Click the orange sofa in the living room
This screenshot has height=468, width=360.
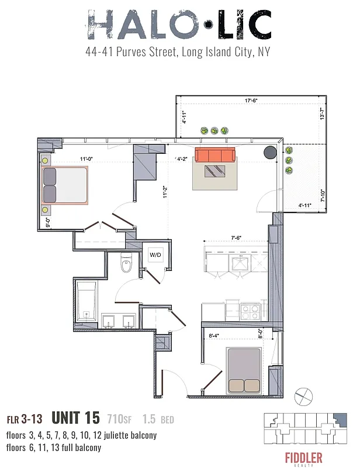click(x=214, y=155)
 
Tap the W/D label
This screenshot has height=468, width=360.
click(x=155, y=254)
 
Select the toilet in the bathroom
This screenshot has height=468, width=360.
click(x=126, y=264)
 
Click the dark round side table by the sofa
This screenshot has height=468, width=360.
click(x=270, y=152)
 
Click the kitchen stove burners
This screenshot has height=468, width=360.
click(x=251, y=309)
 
